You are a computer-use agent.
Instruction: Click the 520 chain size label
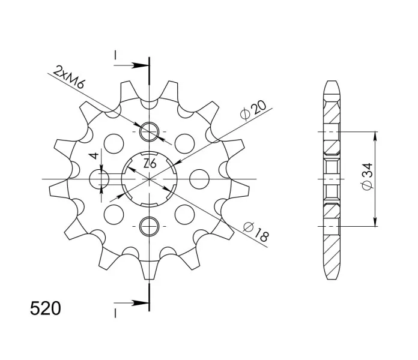point(45,308)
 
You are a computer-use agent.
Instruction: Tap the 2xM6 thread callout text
point(68,77)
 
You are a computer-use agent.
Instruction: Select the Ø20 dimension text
point(253,110)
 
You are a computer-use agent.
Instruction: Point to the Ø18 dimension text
point(256,232)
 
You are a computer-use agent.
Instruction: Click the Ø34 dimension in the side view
point(368,176)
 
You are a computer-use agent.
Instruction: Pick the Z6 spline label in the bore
point(150,163)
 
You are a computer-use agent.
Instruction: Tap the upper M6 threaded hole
point(150,131)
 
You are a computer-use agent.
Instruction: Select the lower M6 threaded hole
point(150,226)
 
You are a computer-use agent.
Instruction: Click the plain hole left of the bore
point(99,179)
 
